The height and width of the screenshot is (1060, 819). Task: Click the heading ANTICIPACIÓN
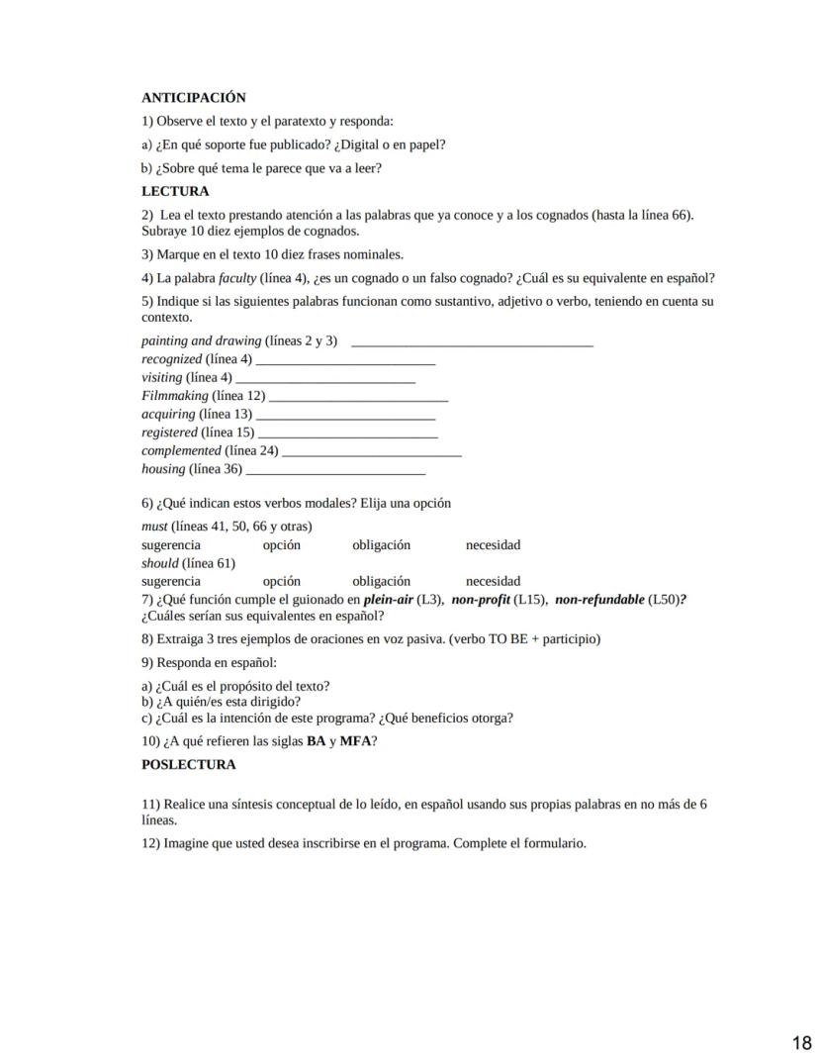[193, 98]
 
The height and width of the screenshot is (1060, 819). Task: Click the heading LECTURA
[175, 191]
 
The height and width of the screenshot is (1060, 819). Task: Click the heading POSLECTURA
[188, 765]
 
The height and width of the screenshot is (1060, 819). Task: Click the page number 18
[801, 1042]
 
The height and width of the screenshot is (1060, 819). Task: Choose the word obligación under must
[381, 545]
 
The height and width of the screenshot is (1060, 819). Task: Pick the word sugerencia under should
[170, 581]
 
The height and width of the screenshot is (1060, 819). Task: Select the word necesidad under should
[493, 581]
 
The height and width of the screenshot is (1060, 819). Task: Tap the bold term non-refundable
[598, 600]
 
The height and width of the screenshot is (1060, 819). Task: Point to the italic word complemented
[181, 450]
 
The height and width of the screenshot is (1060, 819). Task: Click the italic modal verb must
[154, 527]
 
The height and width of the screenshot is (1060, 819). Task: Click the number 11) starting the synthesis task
[150, 805]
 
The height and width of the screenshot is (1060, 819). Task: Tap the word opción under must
[281, 545]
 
